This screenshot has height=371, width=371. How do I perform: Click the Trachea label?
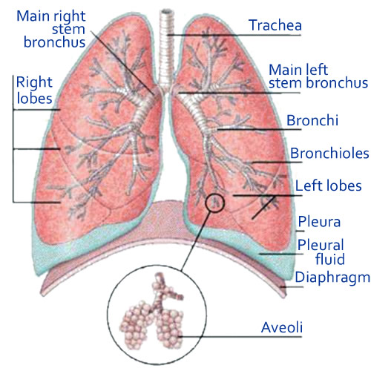[x=275, y=25]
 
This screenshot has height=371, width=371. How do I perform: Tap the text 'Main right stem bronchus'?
[x=51, y=29]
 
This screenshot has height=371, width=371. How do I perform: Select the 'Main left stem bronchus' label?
[x=318, y=76]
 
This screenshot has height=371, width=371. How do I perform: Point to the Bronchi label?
[x=312, y=120]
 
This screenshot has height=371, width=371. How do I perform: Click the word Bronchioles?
[x=329, y=153]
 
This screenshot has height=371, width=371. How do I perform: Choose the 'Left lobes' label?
[x=328, y=185]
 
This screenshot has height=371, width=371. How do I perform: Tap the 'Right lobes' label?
[x=34, y=90]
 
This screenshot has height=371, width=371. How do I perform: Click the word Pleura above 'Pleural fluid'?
[x=319, y=221]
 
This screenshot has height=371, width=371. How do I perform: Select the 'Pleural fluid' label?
[x=321, y=252]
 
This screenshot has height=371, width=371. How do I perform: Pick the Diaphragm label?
[x=332, y=278]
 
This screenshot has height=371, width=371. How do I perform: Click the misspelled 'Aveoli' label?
[x=282, y=327]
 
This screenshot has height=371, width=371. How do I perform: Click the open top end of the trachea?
[x=165, y=12]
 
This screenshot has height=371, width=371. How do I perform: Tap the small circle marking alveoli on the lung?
[x=214, y=203]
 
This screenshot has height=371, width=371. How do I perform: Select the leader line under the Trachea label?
[x=234, y=35]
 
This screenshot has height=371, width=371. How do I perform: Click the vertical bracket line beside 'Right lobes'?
[x=13, y=139]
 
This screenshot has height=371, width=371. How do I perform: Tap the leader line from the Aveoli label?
[x=240, y=336]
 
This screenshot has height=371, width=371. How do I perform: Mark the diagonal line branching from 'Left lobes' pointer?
[x=263, y=207]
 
